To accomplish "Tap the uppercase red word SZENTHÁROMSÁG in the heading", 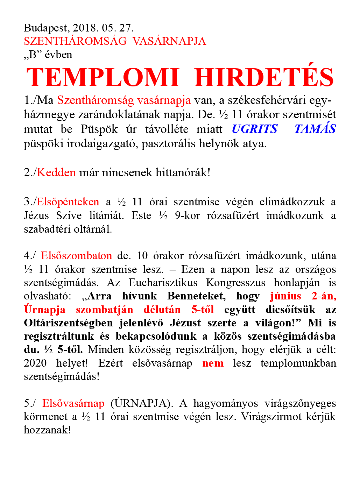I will coord(75,41).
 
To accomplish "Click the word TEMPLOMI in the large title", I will coord(103,77).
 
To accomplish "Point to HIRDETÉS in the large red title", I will coord(264,77).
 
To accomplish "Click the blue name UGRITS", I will coord(255,129).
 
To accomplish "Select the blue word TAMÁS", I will coord(315,129).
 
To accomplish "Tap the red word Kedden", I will coord(56,172).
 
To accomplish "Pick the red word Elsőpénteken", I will coord(68,202).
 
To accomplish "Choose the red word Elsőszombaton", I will coord(76,256).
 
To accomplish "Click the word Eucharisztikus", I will coord(163,283).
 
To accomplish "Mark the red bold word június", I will coord(285,296).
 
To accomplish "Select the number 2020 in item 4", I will coord(35,363).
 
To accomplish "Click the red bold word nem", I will coord(213,363).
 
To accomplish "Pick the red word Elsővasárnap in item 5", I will coord(73,403).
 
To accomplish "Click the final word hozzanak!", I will coord(47,430).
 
